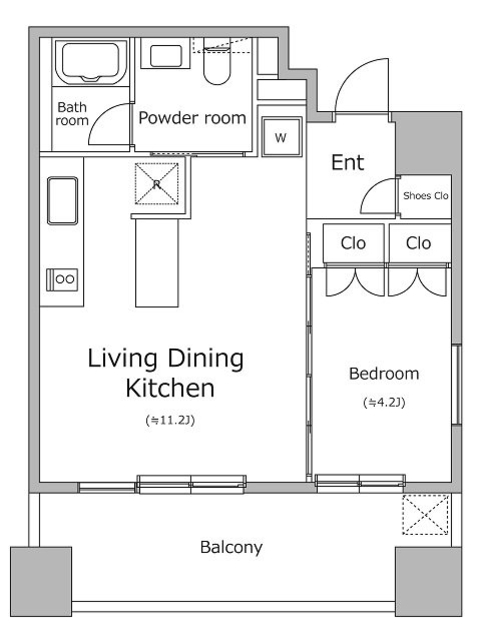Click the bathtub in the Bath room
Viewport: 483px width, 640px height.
tap(90, 62)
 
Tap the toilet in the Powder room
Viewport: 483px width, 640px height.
tap(217, 61)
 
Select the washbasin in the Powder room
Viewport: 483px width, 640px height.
tap(165, 56)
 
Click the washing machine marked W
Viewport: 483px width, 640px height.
tap(281, 137)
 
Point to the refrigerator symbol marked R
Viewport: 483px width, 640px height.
tap(157, 184)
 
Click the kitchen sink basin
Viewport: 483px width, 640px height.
tap(62, 200)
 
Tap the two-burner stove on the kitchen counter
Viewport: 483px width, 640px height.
tap(62, 280)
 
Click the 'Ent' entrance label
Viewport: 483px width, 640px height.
tap(347, 162)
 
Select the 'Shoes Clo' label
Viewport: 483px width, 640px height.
tap(425, 196)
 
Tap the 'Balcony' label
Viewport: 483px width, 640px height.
tap(231, 547)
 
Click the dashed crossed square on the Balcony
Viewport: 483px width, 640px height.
tap(425, 515)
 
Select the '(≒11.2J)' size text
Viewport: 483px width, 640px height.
tap(170, 420)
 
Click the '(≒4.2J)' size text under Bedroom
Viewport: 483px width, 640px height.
tap(384, 403)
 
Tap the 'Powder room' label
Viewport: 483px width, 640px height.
tap(192, 118)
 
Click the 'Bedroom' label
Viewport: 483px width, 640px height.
tap(384, 373)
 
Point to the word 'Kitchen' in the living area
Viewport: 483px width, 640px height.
tap(170, 388)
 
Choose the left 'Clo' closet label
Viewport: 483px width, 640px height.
tap(353, 243)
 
